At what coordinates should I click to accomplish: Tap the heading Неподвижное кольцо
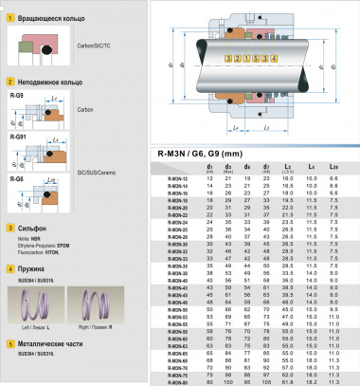47,83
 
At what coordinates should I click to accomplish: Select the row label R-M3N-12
177,177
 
